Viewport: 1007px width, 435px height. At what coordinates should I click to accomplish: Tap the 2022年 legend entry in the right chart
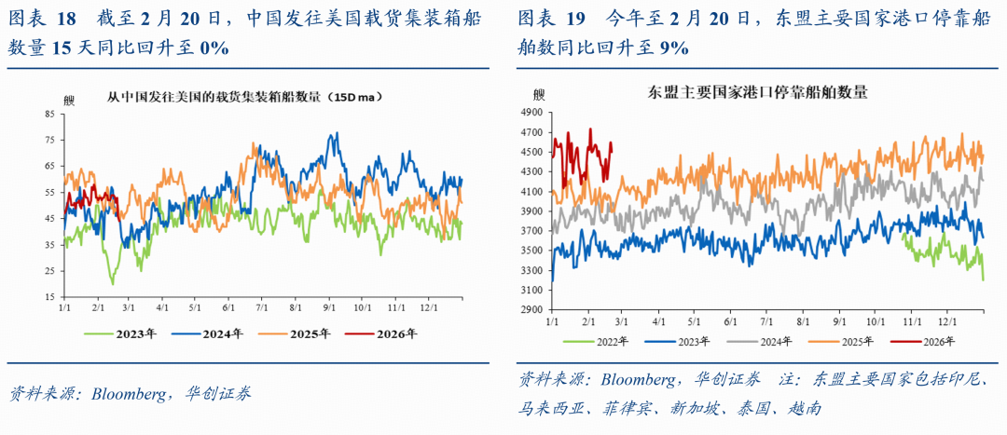[x=612, y=341]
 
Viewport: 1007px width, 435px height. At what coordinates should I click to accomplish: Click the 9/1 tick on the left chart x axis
[x=330, y=306]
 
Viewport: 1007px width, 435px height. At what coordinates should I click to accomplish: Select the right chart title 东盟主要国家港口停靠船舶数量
[x=758, y=93]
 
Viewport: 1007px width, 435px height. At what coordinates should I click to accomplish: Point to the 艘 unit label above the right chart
[x=539, y=94]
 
